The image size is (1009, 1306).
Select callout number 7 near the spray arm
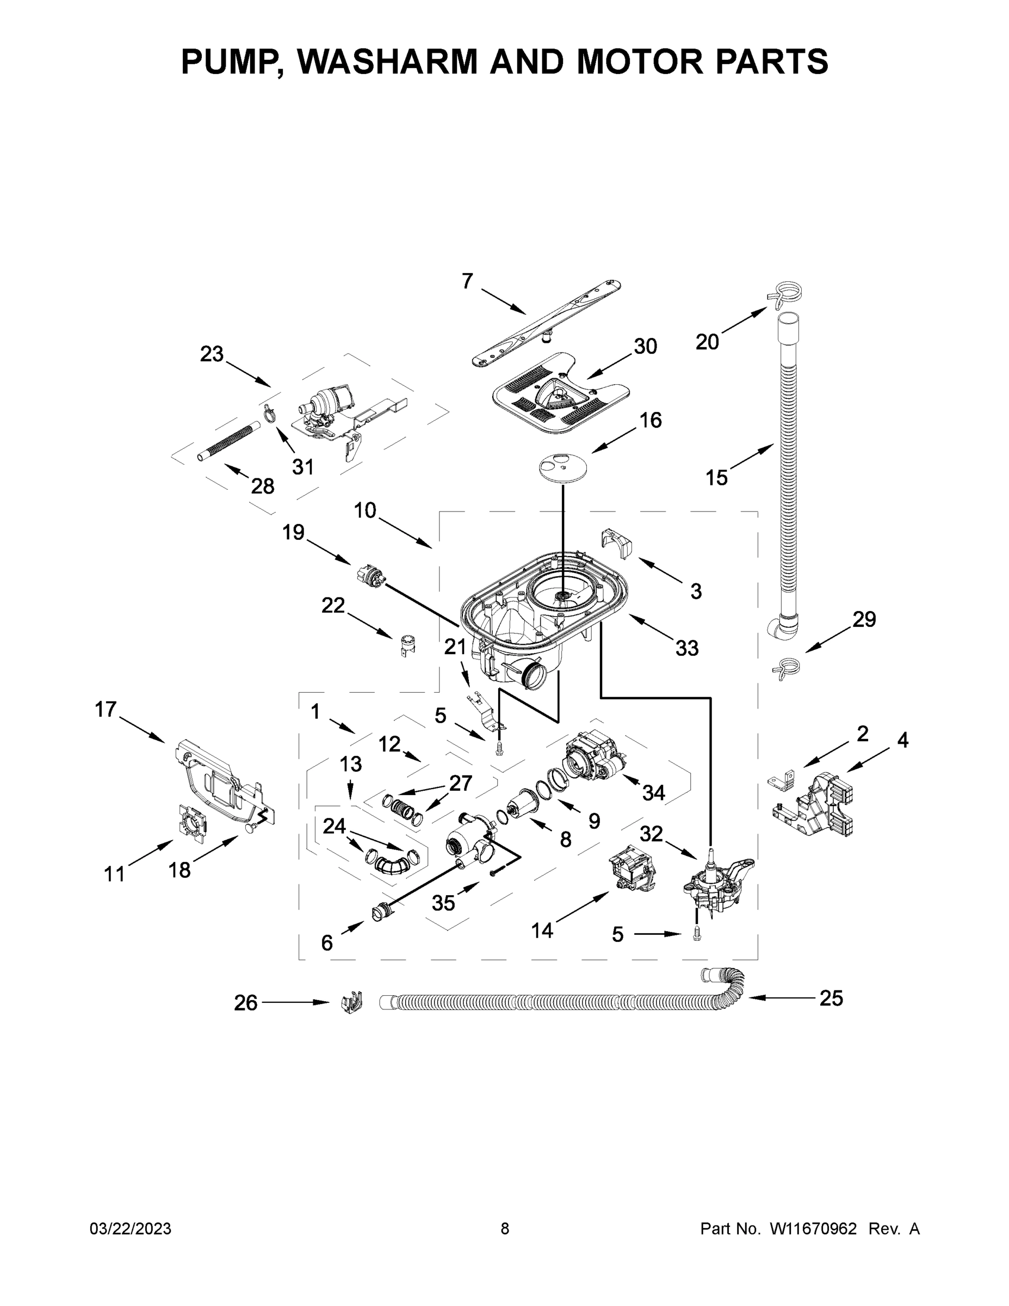click(x=467, y=280)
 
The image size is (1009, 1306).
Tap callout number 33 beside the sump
click(x=686, y=648)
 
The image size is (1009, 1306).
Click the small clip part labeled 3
click(x=616, y=542)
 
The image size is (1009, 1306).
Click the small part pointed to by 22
click(x=407, y=645)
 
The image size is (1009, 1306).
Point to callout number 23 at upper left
click(x=211, y=354)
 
